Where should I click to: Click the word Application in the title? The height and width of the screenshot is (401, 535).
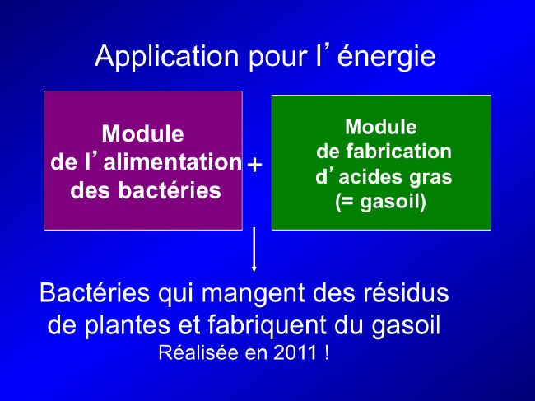tap(167, 57)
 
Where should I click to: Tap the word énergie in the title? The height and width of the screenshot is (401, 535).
tap(386, 57)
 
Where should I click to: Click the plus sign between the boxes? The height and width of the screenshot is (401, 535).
tap(254, 165)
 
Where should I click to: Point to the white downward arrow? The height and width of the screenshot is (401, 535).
tap(254, 249)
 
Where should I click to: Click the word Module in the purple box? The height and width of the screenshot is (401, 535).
tap(143, 133)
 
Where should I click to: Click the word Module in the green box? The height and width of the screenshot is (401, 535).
tap(381, 127)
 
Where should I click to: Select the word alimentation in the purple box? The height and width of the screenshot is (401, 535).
tap(173, 161)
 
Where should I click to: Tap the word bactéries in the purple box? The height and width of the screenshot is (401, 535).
tap(170, 189)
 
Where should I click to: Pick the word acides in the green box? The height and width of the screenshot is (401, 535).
tap(371, 177)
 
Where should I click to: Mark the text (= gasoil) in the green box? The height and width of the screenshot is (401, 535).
tap(381, 203)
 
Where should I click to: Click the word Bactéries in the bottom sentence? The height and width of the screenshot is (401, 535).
tap(95, 292)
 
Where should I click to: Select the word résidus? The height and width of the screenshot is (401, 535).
tap(406, 292)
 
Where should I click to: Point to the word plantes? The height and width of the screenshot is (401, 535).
tap(128, 326)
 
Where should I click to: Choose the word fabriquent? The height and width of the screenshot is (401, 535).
tap(267, 326)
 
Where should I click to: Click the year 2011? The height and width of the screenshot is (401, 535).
tap(295, 353)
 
